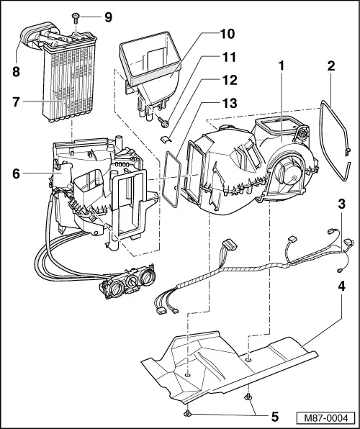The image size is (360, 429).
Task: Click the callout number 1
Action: click(281, 65)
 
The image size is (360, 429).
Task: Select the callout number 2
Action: click(331, 65)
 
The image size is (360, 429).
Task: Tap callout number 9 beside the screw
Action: click(108, 16)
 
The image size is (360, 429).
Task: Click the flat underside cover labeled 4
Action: click(238, 363)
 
